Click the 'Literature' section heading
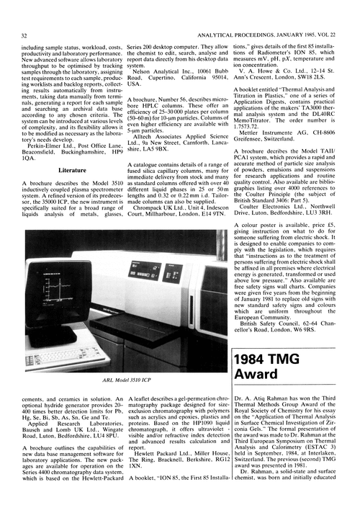coord(68,171)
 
